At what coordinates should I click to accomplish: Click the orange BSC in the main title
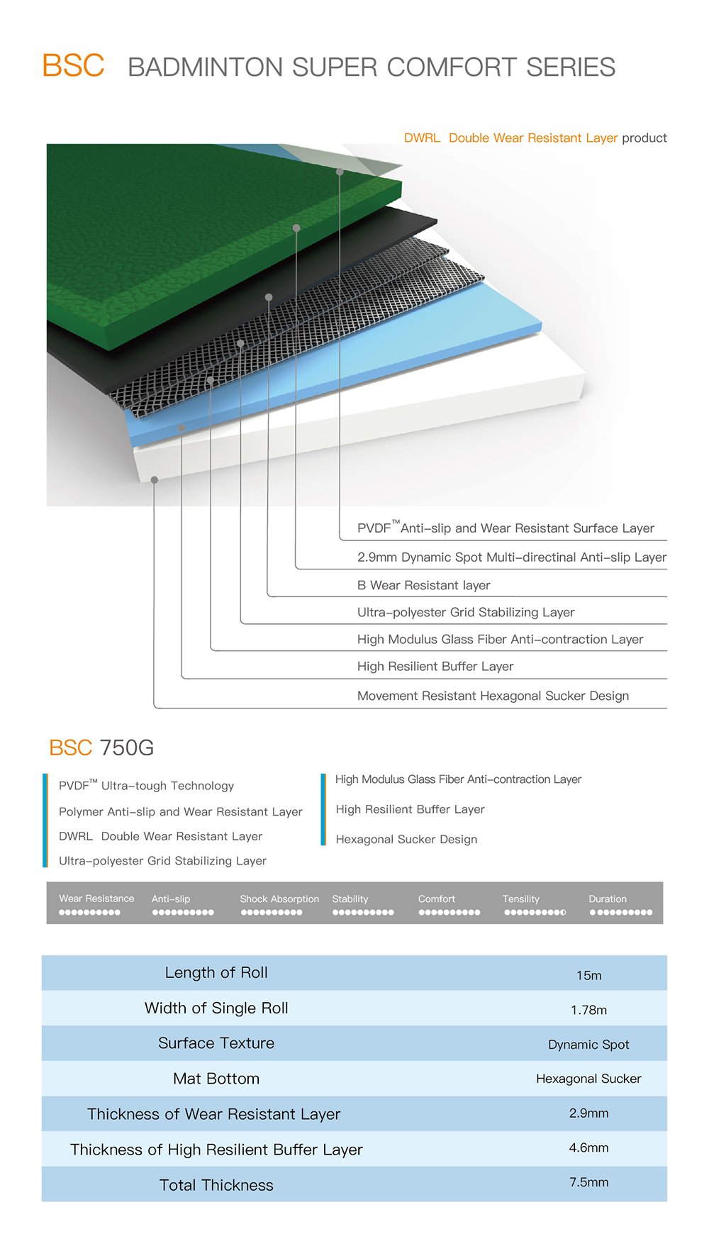point(73,66)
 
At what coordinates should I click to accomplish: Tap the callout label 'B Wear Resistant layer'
point(423,585)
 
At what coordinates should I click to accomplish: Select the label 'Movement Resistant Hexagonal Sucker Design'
point(493,696)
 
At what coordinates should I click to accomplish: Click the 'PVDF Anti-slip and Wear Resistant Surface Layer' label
point(506,528)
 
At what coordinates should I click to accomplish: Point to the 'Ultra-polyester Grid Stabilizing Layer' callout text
point(466,612)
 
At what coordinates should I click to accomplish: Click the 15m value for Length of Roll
point(588,975)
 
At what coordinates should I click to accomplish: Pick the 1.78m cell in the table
point(588,1010)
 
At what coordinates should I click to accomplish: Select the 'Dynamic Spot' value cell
point(588,1045)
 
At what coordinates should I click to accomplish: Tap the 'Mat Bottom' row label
point(216,1079)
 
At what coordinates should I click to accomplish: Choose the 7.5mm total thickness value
point(588,1182)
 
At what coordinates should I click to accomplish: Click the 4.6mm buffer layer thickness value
point(588,1147)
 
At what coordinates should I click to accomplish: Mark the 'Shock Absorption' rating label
point(279,899)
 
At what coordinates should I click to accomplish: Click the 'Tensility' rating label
point(520,899)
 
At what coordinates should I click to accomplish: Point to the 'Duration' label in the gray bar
point(608,899)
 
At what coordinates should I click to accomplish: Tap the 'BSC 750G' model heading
point(101,747)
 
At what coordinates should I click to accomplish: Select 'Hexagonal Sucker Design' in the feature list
point(406,839)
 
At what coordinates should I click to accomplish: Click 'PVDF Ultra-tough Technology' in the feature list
point(146,785)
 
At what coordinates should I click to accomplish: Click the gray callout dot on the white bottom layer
point(155,480)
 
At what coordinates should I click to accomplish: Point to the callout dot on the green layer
point(296,228)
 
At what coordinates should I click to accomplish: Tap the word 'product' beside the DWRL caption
point(644,138)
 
